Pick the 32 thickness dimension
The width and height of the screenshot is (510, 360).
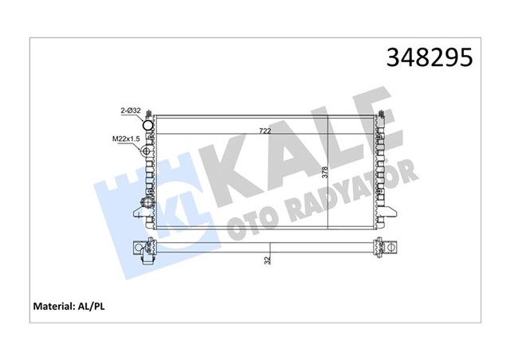tap(270, 259)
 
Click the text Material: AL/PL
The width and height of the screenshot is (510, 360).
tap(69, 305)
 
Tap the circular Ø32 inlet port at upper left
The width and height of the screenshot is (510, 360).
tap(147, 124)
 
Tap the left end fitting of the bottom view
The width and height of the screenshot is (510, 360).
tap(143, 250)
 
